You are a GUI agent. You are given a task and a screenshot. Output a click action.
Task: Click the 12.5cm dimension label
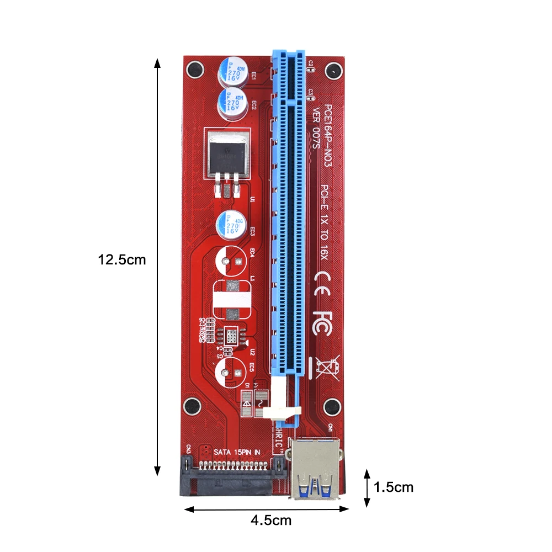[122, 259]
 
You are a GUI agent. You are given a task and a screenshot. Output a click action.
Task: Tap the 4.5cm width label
[270, 520]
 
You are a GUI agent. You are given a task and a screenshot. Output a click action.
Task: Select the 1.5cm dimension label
[393, 487]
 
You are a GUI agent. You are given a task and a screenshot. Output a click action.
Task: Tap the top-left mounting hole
[193, 70]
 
